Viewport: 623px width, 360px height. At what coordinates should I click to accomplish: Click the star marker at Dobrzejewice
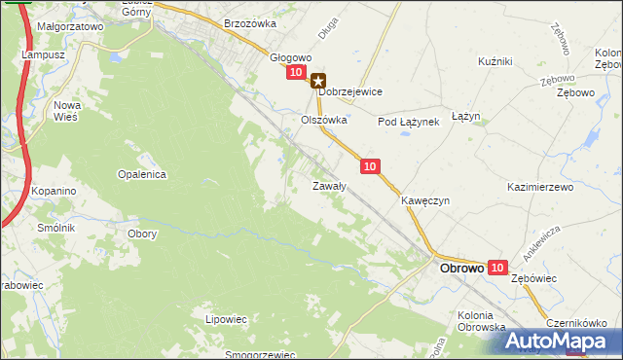tap(318, 83)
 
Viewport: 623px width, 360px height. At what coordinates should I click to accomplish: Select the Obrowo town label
tap(462, 269)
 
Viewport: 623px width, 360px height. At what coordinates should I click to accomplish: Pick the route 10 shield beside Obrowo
tap(497, 267)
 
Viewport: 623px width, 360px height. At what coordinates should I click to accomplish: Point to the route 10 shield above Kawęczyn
tap(369, 167)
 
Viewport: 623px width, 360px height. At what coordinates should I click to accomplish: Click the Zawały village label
tap(329, 185)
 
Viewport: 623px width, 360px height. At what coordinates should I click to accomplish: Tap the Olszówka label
tap(323, 121)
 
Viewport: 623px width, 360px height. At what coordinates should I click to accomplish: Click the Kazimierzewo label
tap(540, 185)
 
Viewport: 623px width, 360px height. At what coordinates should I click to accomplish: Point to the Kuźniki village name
tap(495, 61)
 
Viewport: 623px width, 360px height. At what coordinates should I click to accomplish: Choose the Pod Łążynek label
tap(410, 122)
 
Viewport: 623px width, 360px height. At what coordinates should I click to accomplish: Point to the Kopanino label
tap(54, 192)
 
